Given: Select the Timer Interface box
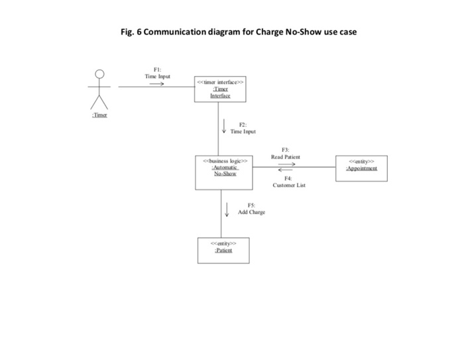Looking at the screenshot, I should pos(220,88).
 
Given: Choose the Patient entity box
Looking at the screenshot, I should pos(223,250).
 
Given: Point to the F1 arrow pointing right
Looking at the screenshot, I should pos(156,84).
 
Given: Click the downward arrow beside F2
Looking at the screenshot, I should pos(224,126).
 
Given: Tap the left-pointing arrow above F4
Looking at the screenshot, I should pos(286,171).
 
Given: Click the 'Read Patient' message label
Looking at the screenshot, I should pos(285,157).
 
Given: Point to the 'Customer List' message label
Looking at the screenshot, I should pos(289,186).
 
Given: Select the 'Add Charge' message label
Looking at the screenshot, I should pos(251,212).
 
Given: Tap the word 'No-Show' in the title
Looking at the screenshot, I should pos(302,31).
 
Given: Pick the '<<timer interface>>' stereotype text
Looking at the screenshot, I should pos(220,82).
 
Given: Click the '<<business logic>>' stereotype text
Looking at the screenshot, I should pos(225,160).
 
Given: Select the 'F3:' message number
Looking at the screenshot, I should pos(285,150).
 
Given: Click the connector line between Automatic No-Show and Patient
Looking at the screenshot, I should pos(221,213).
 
